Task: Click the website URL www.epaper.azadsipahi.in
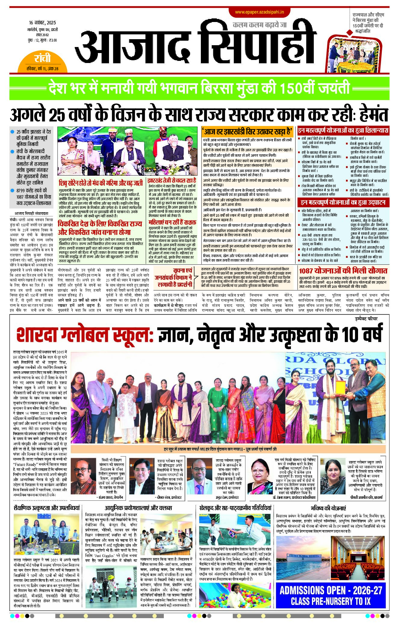coord(260,12)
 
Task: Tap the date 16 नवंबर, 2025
coord(42,23)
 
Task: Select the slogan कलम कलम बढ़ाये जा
coord(260,25)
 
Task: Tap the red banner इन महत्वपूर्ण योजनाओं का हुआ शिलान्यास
coord(343,131)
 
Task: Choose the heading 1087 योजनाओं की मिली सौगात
coord(343,270)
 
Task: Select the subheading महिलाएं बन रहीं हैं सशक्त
coord(172,222)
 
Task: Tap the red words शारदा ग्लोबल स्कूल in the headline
coord(85,334)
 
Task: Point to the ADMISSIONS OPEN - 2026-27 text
coord(331,590)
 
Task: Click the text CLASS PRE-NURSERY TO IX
coord(331,601)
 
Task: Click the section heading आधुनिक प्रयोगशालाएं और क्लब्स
coord(138,508)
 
